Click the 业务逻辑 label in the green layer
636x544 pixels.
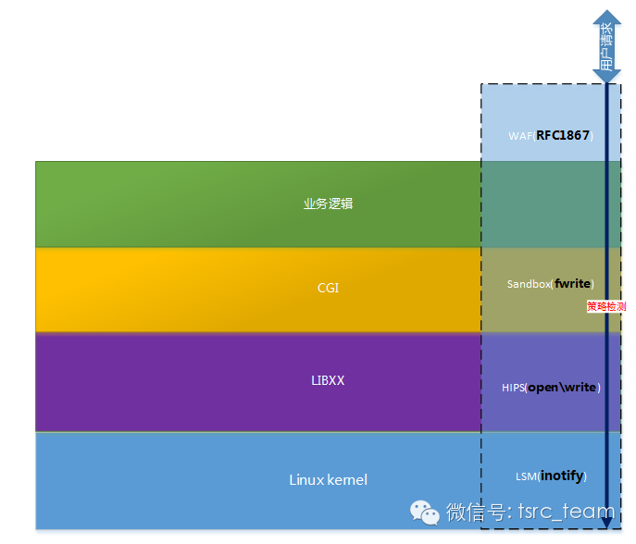pyautogui.click(x=328, y=204)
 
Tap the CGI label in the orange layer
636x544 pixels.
pyautogui.click(x=328, y=288)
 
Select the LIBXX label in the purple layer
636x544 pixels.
pyautogui.click(x=327, y=380)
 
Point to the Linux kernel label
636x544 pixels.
pyautogui.click(x=328, y=479)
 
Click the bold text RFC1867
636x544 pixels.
pyautogui.click(x=563, y=135)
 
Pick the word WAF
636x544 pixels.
pyautogui.click(x=520, y=136)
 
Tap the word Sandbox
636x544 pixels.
pyautogui.click(x=528, y=284)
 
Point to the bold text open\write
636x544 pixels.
pyautogui.click(x=562, y=387)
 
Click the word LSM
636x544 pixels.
pyautogui.click(x=526, y=476)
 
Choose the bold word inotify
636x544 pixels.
pyautogui.click(x=563, y=476)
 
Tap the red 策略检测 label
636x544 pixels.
pyautogui.click(x=606, y=305)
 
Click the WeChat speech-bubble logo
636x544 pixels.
pyautogui.click(x=425, y=511)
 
